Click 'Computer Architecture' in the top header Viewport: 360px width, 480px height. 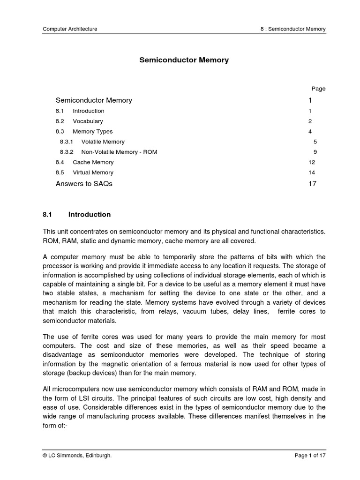click(x=70, y=29)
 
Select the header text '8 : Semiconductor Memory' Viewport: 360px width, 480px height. click(x=293, y=29)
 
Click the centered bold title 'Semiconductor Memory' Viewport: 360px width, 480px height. click(x=184, y=60)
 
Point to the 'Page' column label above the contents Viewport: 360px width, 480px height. click(x=318, y=89)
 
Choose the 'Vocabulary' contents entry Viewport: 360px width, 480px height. click(x=88, y=121)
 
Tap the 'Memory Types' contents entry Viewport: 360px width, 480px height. click(x=92, y=132)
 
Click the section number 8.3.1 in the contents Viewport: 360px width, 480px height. click(x=67, y=142)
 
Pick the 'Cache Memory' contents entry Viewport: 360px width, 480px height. click(x=93, y=162)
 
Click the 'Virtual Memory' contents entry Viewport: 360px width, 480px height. click(x=93, y=172)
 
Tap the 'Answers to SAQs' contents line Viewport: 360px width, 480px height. click(x=84, y=184)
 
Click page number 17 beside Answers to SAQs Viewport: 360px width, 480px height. click(x=312, y=184)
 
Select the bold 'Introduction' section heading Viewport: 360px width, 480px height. click(x=90, y=215)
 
